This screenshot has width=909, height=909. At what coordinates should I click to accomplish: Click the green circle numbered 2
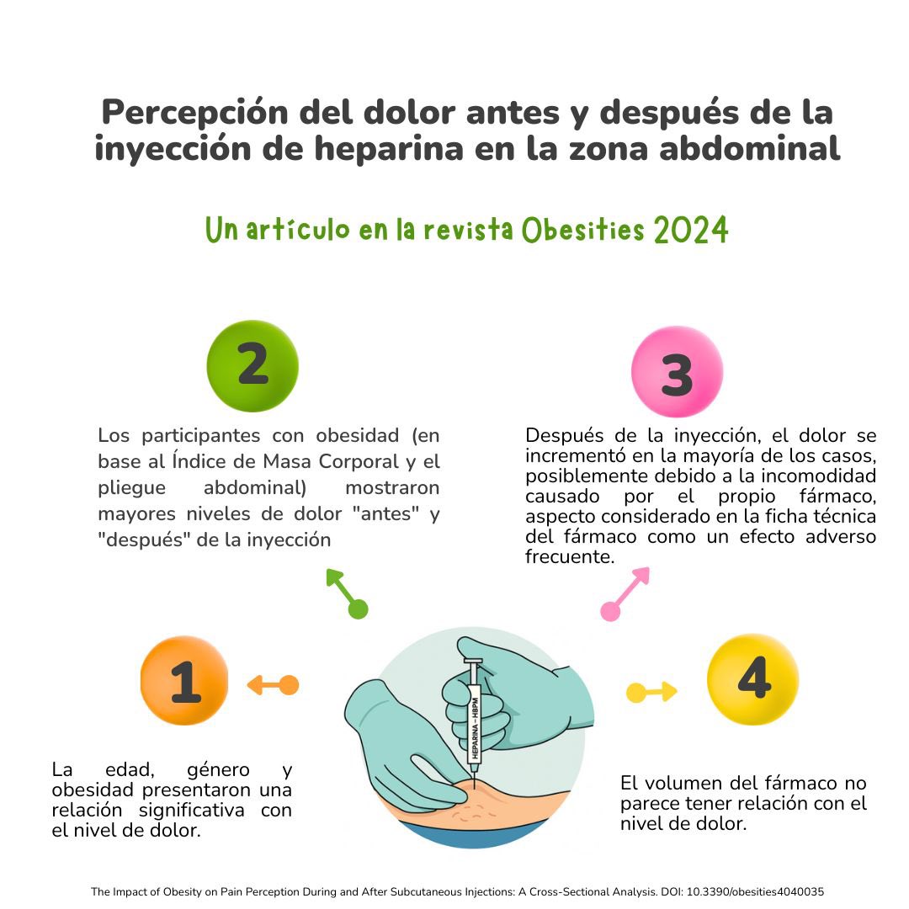click(252, 365)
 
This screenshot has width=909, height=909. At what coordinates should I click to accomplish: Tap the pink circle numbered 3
click(677, 372)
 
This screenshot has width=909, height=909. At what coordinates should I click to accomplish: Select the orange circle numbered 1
click(184, 681)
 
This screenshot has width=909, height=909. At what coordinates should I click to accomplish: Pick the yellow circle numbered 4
click(752, 678)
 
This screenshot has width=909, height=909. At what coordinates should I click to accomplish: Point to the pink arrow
click(626, 592)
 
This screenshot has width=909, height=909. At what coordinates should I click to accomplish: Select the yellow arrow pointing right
click(652, 693)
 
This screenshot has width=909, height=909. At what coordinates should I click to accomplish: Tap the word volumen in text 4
click(694, 783)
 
